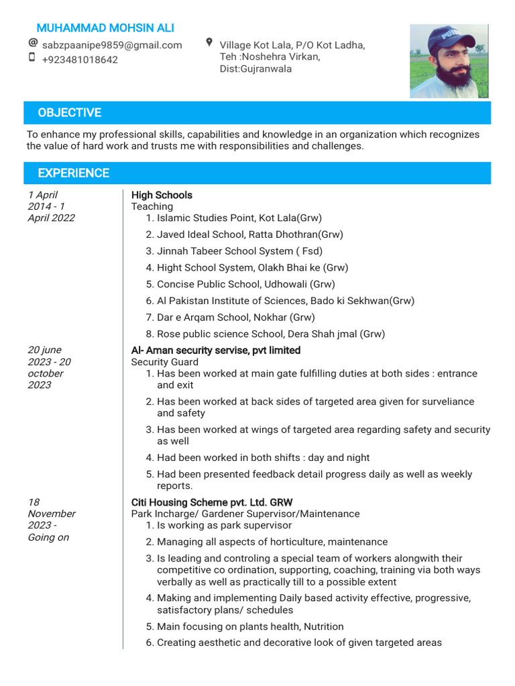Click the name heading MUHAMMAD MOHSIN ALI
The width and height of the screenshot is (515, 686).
coord(105,27)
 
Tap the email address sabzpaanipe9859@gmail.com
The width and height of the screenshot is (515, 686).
coord(112,45)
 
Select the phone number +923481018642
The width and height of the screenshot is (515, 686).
coord(80,60)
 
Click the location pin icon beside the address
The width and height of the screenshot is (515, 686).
coord(209,43)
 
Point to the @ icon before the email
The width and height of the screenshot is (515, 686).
coord(32,43)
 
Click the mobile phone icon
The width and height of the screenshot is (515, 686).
coord(32,58)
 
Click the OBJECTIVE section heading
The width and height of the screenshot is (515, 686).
coord(69,113)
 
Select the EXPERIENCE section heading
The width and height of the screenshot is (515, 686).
coord(73,173)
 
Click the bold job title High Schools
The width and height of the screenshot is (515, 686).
coord(162,195)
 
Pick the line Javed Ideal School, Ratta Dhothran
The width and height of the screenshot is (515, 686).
coord(249,234)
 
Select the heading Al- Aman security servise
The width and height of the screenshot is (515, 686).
coord(216,350)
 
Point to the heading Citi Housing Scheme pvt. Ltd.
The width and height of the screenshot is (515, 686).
coord(212,502)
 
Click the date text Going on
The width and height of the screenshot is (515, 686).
coord(48,537)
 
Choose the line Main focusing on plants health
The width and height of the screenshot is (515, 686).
coord(250,626)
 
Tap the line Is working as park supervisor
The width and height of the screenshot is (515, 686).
coord(225,525)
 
